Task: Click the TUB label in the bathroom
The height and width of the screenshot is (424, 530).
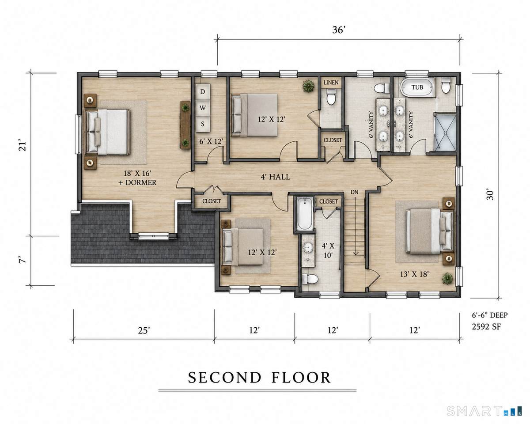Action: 417,87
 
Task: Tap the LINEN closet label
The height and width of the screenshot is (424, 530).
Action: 331,83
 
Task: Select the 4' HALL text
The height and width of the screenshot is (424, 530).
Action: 275,177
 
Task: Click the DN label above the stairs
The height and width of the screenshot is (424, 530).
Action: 354,192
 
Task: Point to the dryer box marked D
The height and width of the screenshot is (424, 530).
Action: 203,92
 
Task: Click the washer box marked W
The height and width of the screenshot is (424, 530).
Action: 203,108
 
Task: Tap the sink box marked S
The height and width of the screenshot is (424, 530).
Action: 203,124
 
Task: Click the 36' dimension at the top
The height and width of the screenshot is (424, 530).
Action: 339,30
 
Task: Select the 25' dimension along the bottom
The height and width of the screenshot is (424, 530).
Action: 144,330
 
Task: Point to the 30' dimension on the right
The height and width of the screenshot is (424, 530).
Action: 490,195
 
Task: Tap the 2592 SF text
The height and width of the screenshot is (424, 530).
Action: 486,326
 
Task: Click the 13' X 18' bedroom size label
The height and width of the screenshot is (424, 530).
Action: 414,274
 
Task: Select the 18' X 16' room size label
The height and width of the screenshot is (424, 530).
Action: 137,173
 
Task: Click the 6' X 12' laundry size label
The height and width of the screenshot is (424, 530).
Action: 211,141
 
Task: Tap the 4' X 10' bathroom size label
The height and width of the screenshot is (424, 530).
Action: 328,250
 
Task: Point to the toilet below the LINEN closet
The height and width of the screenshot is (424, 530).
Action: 331,97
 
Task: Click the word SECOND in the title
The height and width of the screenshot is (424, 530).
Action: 224,378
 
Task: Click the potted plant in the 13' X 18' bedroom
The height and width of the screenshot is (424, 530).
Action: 447,279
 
